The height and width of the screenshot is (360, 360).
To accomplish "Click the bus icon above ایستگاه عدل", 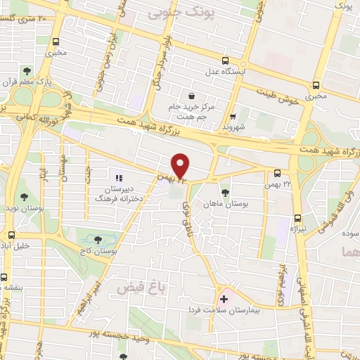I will (224, 60).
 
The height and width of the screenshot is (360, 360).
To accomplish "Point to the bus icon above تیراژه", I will (298, 217).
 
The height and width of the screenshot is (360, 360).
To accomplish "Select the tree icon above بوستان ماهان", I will (225, 192).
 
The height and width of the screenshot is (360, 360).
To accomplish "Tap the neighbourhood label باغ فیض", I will (134, 288).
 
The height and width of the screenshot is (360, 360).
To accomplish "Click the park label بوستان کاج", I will (100, 250).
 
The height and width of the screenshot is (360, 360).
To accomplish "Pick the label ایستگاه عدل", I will (224, 72).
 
